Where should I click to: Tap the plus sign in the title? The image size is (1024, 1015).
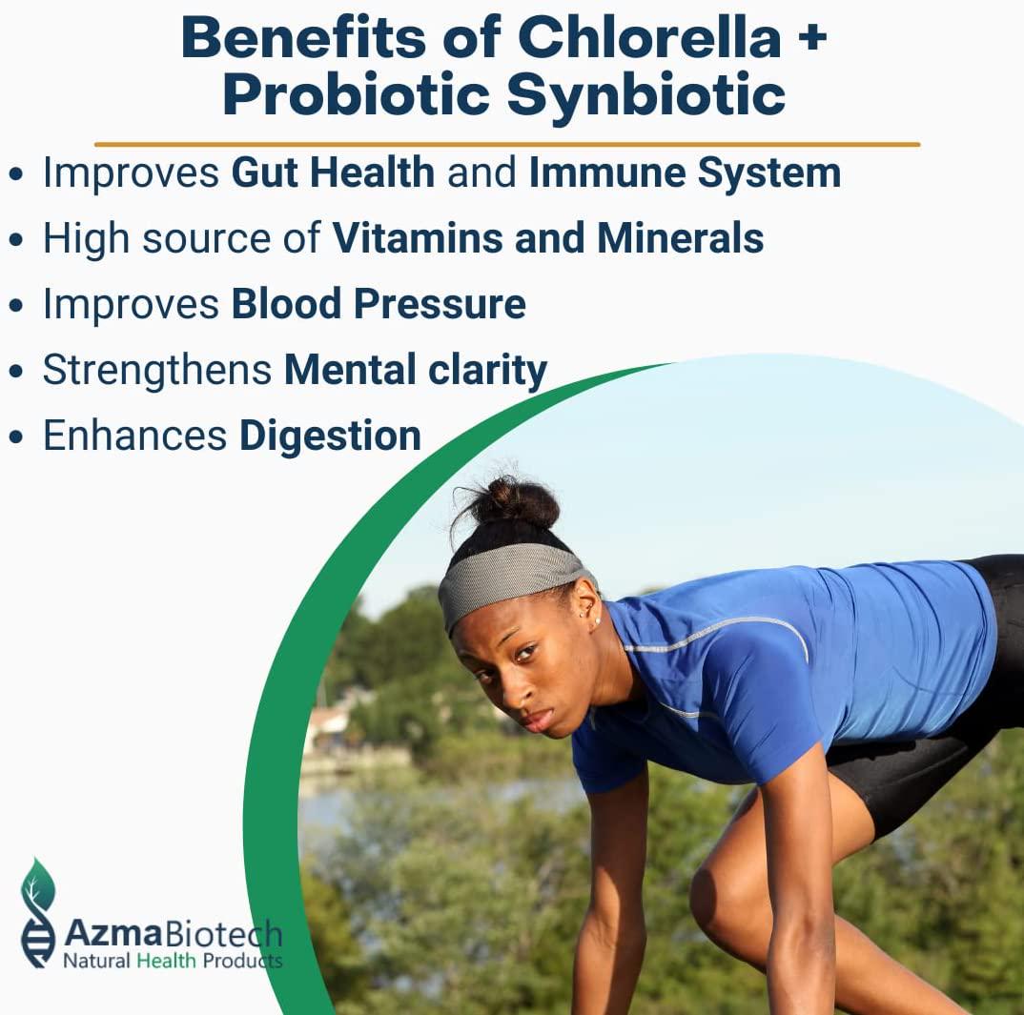[x=811, y=40]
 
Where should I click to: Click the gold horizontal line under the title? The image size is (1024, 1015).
[x=506, y=145]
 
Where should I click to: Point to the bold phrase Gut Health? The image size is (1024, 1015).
[x=333, y=173]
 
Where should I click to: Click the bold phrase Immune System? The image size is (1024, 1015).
[x=685, y=173]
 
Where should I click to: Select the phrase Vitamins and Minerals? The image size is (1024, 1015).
[x=547, y=238]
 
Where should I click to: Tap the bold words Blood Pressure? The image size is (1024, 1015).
[x=378, y=304]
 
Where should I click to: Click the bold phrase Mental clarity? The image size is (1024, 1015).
[x=415, y=370]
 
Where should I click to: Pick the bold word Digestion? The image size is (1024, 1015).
[x=330, y=436]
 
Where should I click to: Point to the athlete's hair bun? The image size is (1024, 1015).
[x=513, y=502]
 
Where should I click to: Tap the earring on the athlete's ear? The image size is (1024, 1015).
[x=598, y=622]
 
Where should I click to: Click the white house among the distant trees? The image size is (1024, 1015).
[x=330, y=728]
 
